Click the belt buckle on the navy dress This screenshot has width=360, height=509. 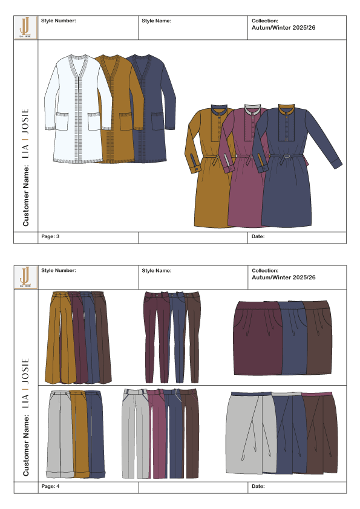click(x=286, y=156)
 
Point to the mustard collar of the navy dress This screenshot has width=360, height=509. click(x=286, y=109)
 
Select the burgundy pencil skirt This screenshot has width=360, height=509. click(x=257, y=337)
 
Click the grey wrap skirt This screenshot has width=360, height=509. click(x=249, y=432)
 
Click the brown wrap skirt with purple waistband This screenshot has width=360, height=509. click(x=320, y=432)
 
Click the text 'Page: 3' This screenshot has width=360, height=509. click(x=50, y=236)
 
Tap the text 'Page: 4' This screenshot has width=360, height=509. click(x=50, y=486)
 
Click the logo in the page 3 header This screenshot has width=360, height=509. click(x=25, y=28)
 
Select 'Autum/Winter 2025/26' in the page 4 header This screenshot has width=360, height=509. click(x=283, y=277)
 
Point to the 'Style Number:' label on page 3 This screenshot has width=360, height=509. click(x=59, y=21)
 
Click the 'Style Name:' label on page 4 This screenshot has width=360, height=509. click(x=156, y=270)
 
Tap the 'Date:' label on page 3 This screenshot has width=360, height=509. click(x=258, y=236)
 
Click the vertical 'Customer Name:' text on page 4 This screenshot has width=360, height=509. click(x=26, y=446)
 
